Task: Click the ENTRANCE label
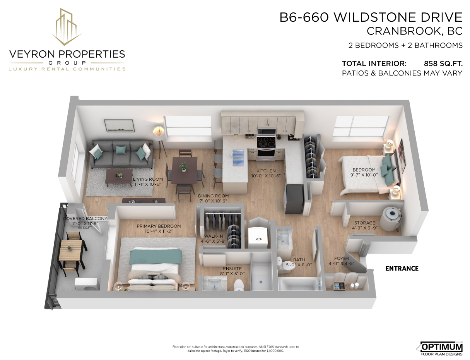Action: [402, 269]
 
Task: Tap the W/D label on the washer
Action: [259, 239]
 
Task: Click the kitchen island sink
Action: [238, 158]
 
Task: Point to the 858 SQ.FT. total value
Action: [443, 63]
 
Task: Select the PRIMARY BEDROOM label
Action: [159, 226]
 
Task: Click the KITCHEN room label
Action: [266, 171]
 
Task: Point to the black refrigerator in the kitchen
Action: [293, 199]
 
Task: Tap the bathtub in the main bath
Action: [300, 284]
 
